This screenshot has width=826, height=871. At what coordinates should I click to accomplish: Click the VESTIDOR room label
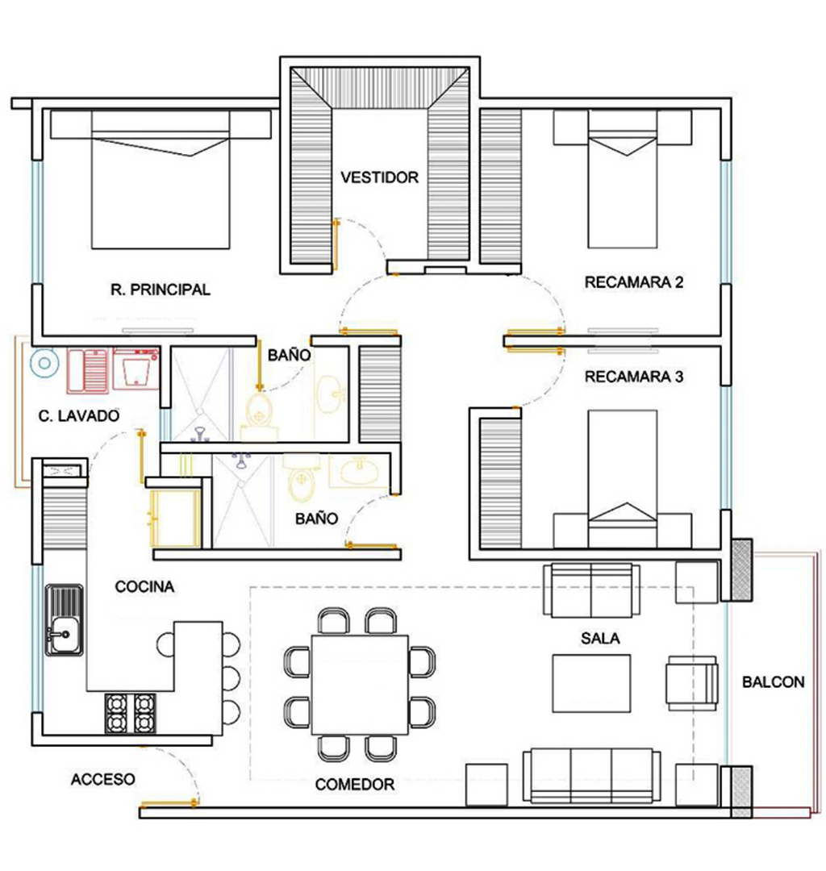379,177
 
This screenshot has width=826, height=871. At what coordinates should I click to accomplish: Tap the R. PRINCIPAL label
161,290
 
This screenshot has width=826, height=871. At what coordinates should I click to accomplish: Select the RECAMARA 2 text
634,282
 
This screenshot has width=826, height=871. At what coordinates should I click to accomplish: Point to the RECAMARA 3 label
634,377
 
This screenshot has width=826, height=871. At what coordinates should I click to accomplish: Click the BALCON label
774,681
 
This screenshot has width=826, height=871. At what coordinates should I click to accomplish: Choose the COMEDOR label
354,785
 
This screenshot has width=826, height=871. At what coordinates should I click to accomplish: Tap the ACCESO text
102,779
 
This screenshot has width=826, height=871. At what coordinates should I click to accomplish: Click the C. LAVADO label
79,415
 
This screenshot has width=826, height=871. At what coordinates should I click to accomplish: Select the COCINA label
144,586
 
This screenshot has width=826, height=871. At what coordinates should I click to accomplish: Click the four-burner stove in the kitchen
131,713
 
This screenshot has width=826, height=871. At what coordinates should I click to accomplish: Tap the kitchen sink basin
64,619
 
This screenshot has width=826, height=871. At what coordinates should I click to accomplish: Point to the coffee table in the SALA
591,683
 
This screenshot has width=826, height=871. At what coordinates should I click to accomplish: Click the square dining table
360,685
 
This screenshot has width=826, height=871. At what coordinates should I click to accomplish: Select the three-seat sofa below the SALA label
591,776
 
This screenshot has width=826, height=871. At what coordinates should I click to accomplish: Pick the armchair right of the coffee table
692,683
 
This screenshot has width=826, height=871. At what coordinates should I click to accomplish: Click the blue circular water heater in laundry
44,363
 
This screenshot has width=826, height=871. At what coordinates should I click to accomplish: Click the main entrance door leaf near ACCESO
169,804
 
